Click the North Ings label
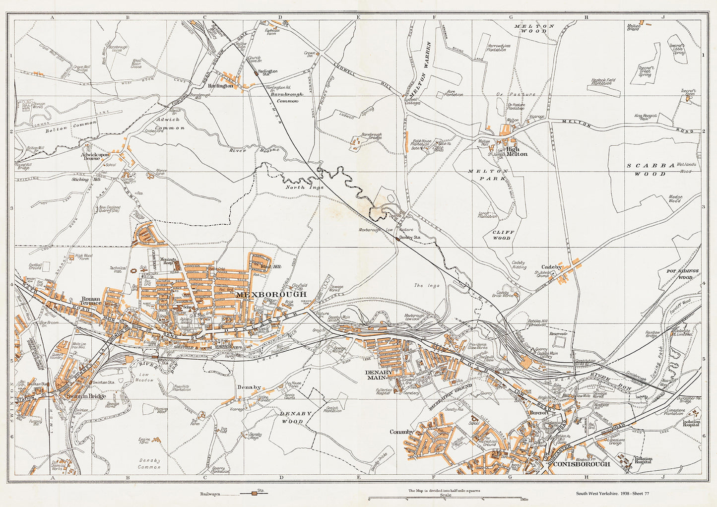(297, 187)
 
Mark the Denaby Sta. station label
(410, 238)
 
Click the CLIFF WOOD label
(504, 235)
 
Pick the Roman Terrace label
(92, 300)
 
